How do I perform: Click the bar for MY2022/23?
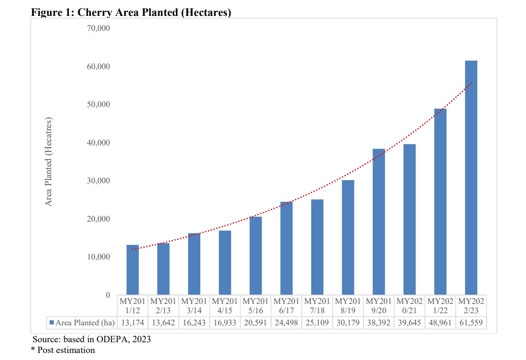[471, 178]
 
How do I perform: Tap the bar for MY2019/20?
[379, 222]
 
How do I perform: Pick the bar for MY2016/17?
[286, 248]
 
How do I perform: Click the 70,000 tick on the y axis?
[98, 28]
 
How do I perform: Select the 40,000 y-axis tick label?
[98, 143]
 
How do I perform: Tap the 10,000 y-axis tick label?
[98, 257]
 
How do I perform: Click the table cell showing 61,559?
[471, 323]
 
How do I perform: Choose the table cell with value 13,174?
[132, 323]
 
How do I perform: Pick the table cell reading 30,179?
[348, 323]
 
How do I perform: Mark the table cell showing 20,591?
[256, 323]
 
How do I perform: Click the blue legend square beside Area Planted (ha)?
[52, 323]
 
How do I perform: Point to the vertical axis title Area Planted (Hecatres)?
[49, 162]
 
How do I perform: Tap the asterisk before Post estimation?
[33, 350]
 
